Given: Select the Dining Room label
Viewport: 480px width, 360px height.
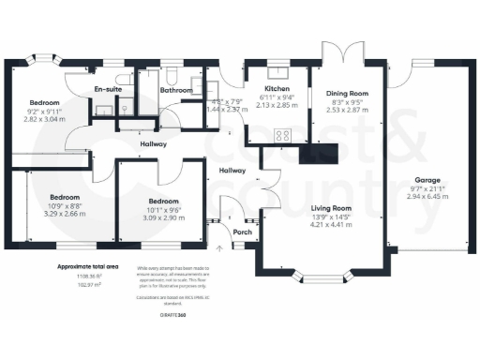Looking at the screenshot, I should tap(348, 93).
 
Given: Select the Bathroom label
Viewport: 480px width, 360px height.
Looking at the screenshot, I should tap(175, 91).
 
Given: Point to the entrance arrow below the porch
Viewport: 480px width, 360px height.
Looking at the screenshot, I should tap(220, 248).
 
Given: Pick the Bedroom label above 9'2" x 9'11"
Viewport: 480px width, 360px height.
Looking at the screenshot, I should tap(44, 102).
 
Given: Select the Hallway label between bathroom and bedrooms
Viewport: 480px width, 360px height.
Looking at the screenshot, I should tap(154, 144).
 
